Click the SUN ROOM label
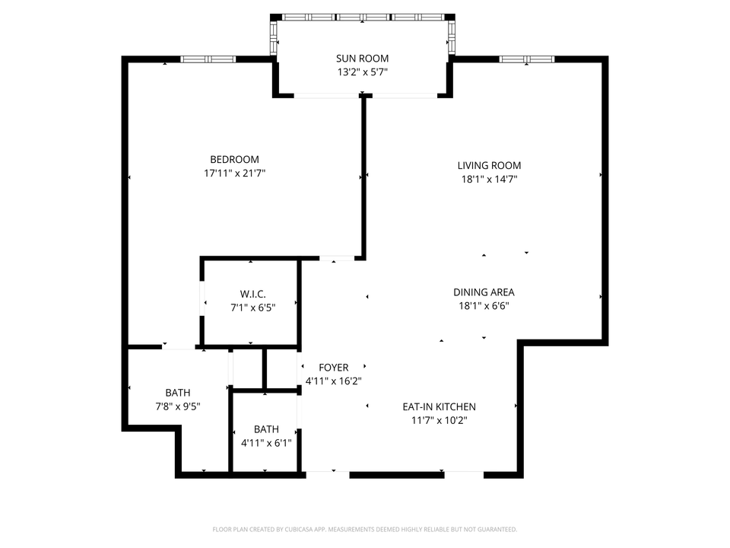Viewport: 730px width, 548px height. (363, 59)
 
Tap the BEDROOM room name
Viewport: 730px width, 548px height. (234, 159)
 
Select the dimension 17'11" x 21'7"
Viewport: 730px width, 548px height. (234, 174)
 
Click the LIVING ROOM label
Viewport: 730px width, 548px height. (489, 165)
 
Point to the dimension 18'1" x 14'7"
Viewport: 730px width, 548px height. (489, 180)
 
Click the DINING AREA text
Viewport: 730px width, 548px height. (484, 292)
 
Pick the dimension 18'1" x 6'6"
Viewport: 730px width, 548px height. (484, 306)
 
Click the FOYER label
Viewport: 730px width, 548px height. (333, 368)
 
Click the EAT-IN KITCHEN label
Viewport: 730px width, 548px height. (439, 406)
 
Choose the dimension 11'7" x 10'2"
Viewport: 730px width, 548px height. (439, 420)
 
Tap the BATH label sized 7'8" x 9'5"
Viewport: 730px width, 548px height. (178, 393)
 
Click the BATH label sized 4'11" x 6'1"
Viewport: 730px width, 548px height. (266, 429)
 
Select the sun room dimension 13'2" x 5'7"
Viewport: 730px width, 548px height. (363, 73)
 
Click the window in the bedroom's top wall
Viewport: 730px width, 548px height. (208, 59)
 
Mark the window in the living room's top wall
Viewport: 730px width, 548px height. (526, 59)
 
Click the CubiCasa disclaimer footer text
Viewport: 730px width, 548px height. (365, 529)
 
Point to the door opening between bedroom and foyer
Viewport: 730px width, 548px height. (335, 259)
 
